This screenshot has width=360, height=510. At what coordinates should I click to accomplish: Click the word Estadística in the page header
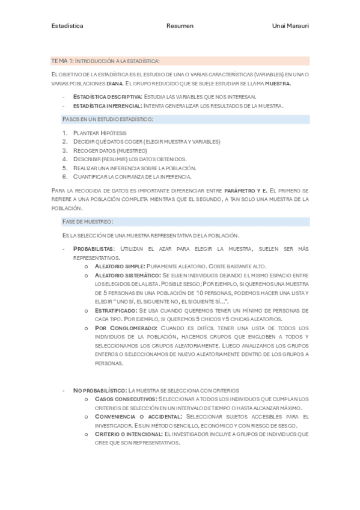coord(67,26)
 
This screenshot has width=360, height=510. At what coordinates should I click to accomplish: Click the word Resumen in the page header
coord(180,26)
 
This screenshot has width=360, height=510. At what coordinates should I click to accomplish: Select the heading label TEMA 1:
coord(63,61)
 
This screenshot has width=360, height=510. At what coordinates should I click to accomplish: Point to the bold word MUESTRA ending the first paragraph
coord(278,84)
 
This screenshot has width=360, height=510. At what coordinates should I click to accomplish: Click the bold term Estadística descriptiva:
coord(108,96)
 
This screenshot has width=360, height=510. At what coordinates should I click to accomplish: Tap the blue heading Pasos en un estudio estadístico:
coord(108,119)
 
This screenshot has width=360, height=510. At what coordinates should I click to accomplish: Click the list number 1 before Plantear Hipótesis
coord(64,132)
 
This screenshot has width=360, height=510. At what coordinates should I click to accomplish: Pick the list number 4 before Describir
coord(64,159)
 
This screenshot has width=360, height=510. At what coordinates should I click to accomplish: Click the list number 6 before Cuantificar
coord(64,177)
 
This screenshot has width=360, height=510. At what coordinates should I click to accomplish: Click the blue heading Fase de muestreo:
coord(88,221)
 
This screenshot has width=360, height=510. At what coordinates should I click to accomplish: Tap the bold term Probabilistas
coord(92,248)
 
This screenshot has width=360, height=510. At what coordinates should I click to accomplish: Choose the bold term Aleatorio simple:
coord(120,266)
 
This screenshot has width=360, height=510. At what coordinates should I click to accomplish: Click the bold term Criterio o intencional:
coord(129,434)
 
